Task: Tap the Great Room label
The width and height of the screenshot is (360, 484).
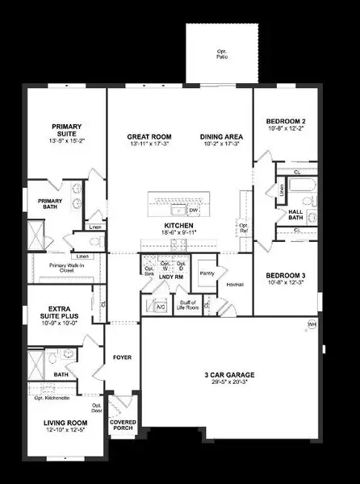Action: [x=147, y=137]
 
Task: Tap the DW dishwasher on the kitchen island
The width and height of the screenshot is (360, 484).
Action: [x=193, y=211]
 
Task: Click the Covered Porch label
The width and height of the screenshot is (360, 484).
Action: [x=123, y=425]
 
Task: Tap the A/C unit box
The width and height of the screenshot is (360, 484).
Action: [x=159, y=306]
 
